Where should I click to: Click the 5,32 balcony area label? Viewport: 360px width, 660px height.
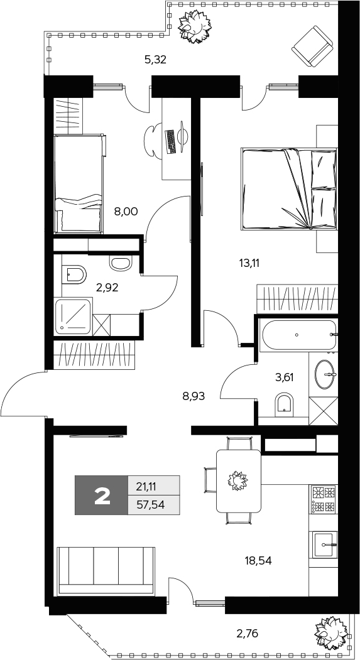pyautogui.click(x=155, y=60)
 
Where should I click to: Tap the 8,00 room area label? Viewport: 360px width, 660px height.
pyautogui.click(x=126, y=211)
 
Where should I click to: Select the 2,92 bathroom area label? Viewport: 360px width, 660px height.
pyautogui.click(x=107, y=288)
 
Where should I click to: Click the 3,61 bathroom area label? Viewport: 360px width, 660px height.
pyautogui.click(x=284, y=377)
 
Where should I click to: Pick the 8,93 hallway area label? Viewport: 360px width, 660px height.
pyautogui.click(x=194, y=396)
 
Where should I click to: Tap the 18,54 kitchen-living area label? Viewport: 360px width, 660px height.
pyautogui.click(x=258, y=560)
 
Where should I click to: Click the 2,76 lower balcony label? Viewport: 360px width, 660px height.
pyautogui.click(x=247, y=632)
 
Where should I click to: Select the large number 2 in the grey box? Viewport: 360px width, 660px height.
pyautogui.click(x=102, y=495)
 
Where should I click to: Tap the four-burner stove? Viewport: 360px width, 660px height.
pyautogui.click(x=324, y=500)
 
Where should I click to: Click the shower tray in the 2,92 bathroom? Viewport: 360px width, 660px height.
pyautogui.click(x=73, y=316)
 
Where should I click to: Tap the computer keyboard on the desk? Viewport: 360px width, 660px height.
pyautogui.click(x=171, y=141)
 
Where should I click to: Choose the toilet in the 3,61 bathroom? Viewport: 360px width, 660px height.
pyautogui.click(x=285, y=405)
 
